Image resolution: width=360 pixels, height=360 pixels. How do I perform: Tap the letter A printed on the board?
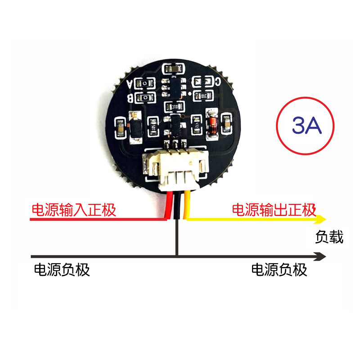point(131,84)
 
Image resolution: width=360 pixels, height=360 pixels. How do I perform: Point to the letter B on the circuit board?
point(131,97)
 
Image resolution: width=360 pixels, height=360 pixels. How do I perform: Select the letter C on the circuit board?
point(218,81)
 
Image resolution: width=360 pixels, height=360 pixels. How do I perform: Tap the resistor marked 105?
point(153,126)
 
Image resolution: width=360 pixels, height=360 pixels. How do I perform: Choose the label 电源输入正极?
point(73,210)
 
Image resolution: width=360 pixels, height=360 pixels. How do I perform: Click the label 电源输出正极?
point(274,210)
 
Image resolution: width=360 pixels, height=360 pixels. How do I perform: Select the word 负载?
point(329,237)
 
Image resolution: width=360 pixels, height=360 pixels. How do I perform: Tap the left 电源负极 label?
point(62,270)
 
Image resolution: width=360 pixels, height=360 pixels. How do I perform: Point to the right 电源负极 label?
point(279,270)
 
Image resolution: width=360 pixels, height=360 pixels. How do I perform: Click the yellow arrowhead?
point(321,220)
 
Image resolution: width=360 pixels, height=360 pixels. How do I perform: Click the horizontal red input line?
point(90,220)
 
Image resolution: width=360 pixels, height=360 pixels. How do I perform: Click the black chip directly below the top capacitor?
point(172,86)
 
